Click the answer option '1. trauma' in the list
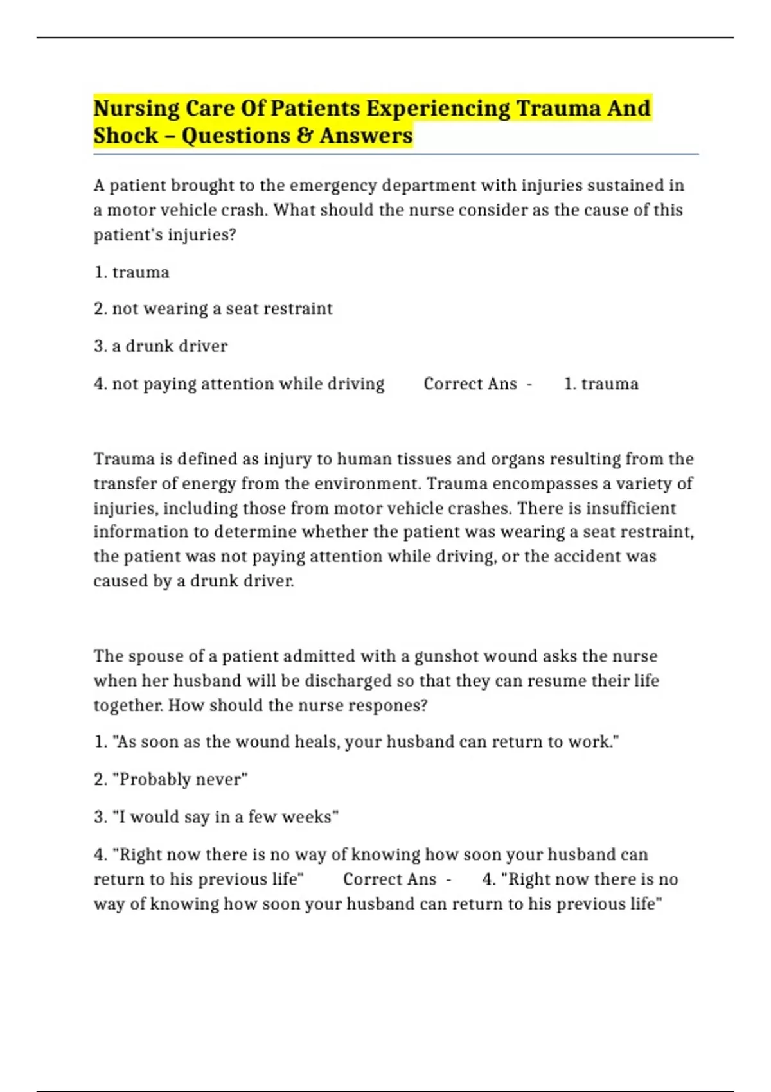pos(132,272)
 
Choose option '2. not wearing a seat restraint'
pos(213,309)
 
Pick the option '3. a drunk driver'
pos(161,346)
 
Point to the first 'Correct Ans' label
pos(470,384)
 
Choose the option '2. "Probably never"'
pos(171,780)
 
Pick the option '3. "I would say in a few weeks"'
pos(216,817)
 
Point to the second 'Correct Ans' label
pos(389,879)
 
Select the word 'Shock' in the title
pos(126,136)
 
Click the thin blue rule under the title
pos(396,155)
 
